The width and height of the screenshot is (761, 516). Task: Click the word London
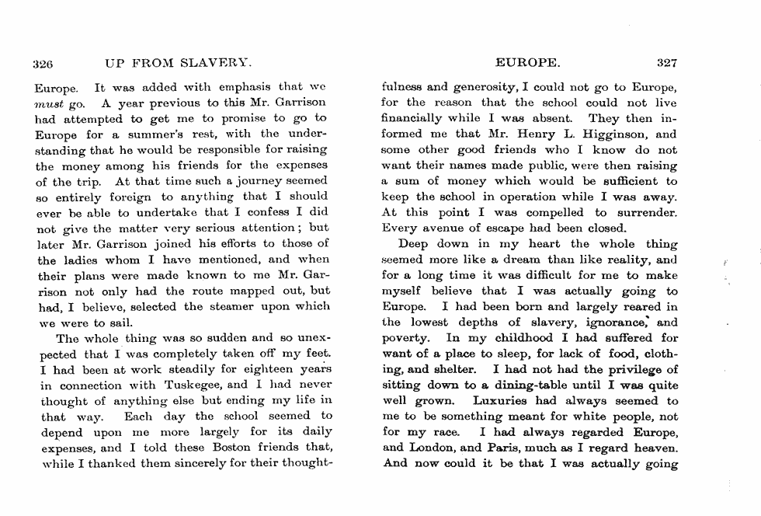(x=435, y=448)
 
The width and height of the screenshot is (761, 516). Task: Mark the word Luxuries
(x=501, y=401)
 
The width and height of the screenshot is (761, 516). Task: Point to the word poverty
(x=407, y=338)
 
